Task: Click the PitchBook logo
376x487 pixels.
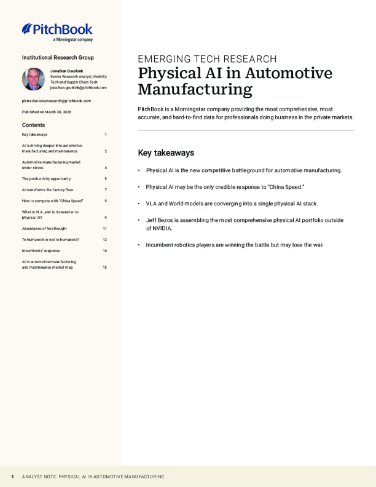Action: (57, 31)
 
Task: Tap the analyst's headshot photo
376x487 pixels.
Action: (33, 79)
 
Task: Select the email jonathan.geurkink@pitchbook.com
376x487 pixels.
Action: (78, 87)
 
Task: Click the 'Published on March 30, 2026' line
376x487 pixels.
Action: (47, 112)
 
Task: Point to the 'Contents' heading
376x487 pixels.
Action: (33, 125)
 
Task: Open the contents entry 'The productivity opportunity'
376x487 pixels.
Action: (47, 179)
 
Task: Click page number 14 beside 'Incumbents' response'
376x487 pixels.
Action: (105, 251)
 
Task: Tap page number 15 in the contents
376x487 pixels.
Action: (105, 267)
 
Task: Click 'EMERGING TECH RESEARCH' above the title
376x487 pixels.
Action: (207, 59)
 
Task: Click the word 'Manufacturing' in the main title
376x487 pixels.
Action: (195, 90)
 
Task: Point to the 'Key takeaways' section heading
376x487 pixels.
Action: (166, 152)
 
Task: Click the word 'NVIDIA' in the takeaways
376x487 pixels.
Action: (160, 228)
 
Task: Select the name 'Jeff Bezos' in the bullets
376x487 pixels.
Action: (160, 220)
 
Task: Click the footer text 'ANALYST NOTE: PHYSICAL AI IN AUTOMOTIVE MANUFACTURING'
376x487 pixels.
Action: (93, 477)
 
